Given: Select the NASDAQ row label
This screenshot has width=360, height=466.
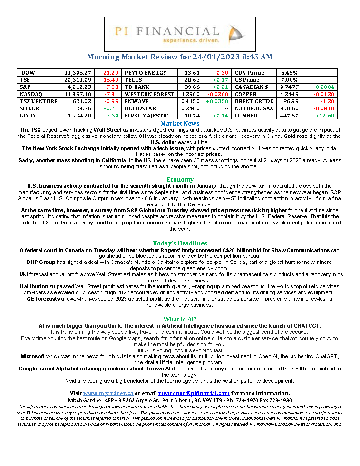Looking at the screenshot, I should click(31, 94).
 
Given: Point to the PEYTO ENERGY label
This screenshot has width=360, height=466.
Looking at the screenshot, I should click(146, 73).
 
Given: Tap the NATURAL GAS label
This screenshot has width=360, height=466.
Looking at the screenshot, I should click(254, 108).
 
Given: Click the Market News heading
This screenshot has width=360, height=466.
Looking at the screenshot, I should click(180, 124).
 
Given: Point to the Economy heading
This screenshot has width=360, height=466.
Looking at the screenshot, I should click(180, 179).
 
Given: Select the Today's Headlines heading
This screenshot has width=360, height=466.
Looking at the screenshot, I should click(180, 243).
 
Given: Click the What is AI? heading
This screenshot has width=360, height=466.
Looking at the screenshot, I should click(180, 319).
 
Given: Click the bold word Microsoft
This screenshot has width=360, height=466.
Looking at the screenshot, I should click(32, 356).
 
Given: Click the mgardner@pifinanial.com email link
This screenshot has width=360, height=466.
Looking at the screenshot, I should click(194, 393).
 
